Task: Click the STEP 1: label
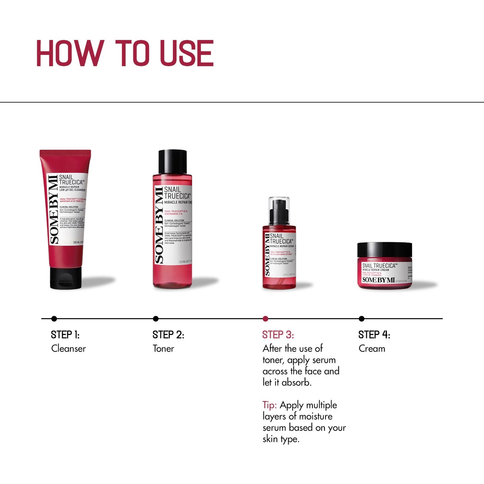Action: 65,335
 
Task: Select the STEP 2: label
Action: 168,335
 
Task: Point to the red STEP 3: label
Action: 278,335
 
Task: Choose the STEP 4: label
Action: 374,335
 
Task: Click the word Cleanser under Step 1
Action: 68,349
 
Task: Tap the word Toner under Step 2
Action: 163,349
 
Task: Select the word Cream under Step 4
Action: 372,349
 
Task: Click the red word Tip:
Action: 270,405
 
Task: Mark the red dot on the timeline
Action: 265,319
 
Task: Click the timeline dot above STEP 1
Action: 54,319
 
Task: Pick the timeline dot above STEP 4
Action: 361,319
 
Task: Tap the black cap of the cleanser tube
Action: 66,278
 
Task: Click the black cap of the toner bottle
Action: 172,161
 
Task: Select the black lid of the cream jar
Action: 385,250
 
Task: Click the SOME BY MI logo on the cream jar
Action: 378,280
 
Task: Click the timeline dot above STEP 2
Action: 155,319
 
